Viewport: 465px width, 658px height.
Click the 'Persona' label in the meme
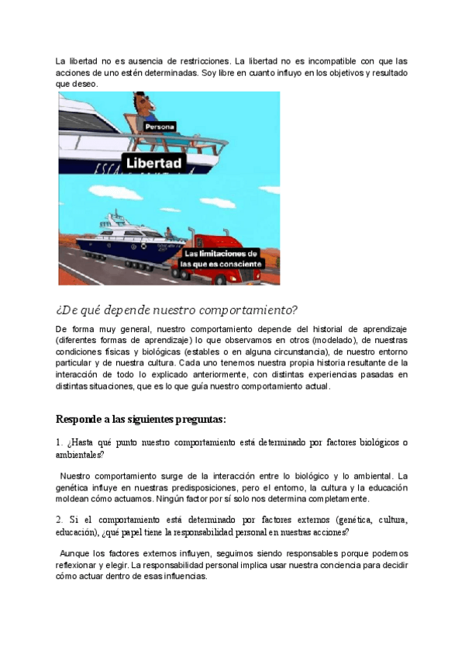[x=160, y=126]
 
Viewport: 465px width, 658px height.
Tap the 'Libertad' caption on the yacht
[x=154, y=163]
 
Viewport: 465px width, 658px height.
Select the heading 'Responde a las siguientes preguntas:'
[x=140, y=420]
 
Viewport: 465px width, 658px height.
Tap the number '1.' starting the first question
[x=59, y=443]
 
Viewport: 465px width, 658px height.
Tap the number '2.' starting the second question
[x=60, y=518]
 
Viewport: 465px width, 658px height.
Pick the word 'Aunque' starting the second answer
[x=75, y=553]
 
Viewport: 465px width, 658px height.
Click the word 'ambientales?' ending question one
[x=80, y=455]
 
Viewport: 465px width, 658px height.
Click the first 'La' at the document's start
[x=60, y=61]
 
